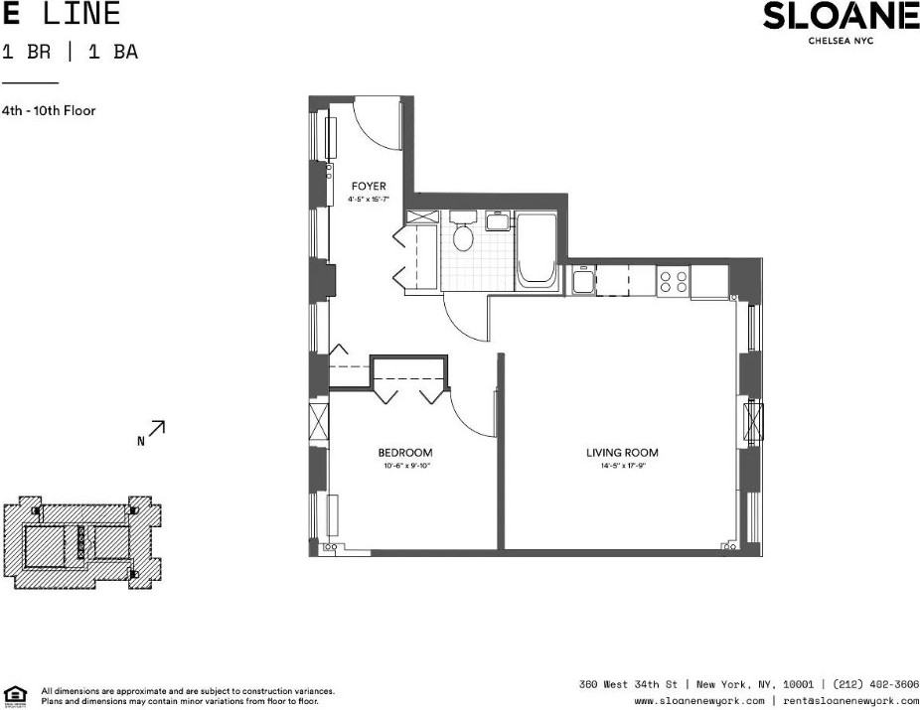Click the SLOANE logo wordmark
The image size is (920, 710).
pyautogui.click(x=841, y=17)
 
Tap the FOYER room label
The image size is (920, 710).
pyautogui.click(x=368, y=187)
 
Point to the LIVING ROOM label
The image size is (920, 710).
pyautogui.click(x=622, y=453)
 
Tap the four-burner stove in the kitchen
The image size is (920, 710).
pyautogui.click(x=673, y=281)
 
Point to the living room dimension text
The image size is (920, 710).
pyautogui.click(x=622, y=465)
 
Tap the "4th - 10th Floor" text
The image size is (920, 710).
pyautogui.click(x=49, y=111)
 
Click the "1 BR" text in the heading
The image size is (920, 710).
pyautogui.click(x=21, y=53)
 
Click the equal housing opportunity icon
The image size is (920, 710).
pyautogui.click(x=16, y=694)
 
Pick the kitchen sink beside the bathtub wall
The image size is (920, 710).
pyautogui.click(x=580, y=281)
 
